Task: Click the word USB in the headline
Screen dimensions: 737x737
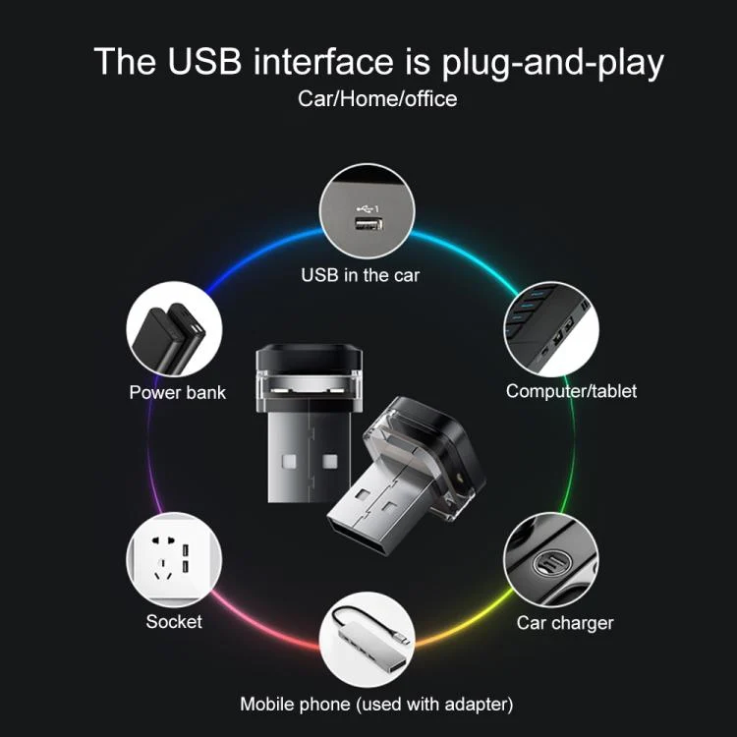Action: tap(204, 61)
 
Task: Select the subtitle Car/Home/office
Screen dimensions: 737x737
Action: tap(377, 99)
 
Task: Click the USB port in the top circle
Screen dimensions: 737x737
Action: tap(368, 224)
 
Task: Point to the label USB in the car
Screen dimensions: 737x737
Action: tap(360, 275)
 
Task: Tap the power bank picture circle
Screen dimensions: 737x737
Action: tap(174, 329)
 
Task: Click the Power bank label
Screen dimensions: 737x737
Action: tap(177, 392)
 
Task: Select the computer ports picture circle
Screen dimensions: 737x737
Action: tap(551, 329)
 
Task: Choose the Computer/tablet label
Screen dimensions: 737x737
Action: tap(571, 391)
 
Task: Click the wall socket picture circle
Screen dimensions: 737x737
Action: tap(174, 560)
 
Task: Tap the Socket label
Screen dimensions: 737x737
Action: tap(174, 621)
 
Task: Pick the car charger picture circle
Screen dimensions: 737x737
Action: tap(551, 560)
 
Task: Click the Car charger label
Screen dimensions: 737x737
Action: tap(565, 623)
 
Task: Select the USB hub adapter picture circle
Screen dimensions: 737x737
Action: tap(368, 640)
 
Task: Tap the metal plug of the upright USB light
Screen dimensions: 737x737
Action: tap(310, 450)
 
